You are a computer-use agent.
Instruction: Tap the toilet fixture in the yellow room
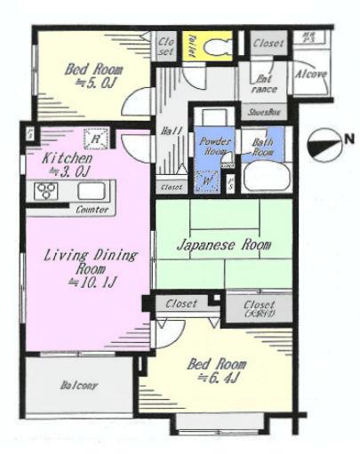click(x=213, y=44)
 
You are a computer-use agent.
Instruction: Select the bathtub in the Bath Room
click(x=261, y=176)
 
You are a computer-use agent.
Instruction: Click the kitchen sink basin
click(x=91, y=192)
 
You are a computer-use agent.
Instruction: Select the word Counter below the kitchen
click(x=92, y=211)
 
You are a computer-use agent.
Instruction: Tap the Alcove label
click(x=311, y=74)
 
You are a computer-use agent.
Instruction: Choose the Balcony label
click(x=79, y=386)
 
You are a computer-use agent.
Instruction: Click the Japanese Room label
click(x=222, y=244)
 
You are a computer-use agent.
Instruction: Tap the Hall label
click(x=172, y=130)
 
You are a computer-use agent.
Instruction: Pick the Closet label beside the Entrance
click(x=267, y=42)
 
